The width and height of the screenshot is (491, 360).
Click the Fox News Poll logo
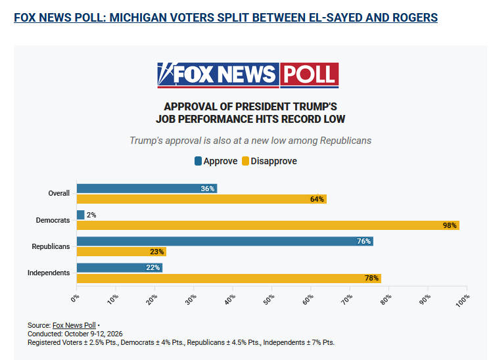[x=248, y=75]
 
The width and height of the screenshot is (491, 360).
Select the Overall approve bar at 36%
[x=147, y=189]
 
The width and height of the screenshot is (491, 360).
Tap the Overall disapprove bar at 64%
[x=202, y=199]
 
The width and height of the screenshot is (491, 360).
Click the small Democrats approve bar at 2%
[x=80, y=215]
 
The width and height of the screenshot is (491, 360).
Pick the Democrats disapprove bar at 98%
[x=268, y=225]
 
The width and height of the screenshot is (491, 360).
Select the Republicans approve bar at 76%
[x=225, y=241]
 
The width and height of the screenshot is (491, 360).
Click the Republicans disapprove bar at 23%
[x=122, y=252]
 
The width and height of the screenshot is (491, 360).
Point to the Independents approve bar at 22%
[x=120, y=267]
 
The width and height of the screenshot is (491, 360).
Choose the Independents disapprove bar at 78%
[x=229, y=279]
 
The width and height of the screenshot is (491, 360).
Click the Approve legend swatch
[x=198, y=161]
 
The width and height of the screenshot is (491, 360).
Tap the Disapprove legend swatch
[x=245, y=161]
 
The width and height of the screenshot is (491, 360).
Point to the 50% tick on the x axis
[x=272, y=288]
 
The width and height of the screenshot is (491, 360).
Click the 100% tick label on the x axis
[x=463, y=301]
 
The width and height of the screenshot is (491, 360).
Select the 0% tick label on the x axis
[x=75, y=298]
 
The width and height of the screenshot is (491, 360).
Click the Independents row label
[x=49, y=273]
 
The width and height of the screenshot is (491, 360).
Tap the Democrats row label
[x=53, y=220]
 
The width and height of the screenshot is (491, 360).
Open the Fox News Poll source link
[x=74, y=325]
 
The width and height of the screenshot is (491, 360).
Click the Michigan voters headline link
[x=225, y=18]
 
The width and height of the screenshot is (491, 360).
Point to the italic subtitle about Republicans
[x=250, y=141]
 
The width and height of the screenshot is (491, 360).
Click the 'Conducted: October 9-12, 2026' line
[x=75, y=334]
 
